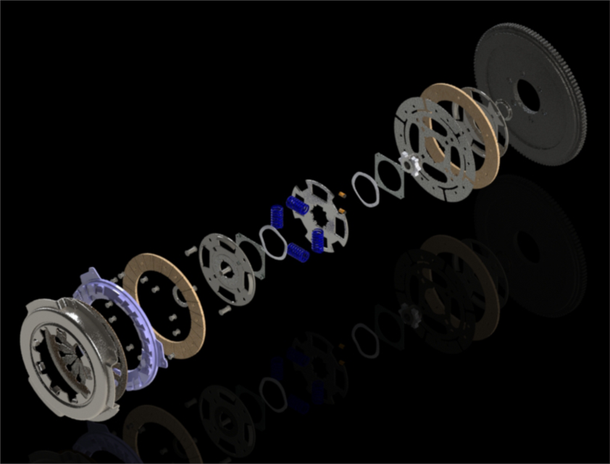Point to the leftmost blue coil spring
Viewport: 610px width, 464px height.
coord(276,215)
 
